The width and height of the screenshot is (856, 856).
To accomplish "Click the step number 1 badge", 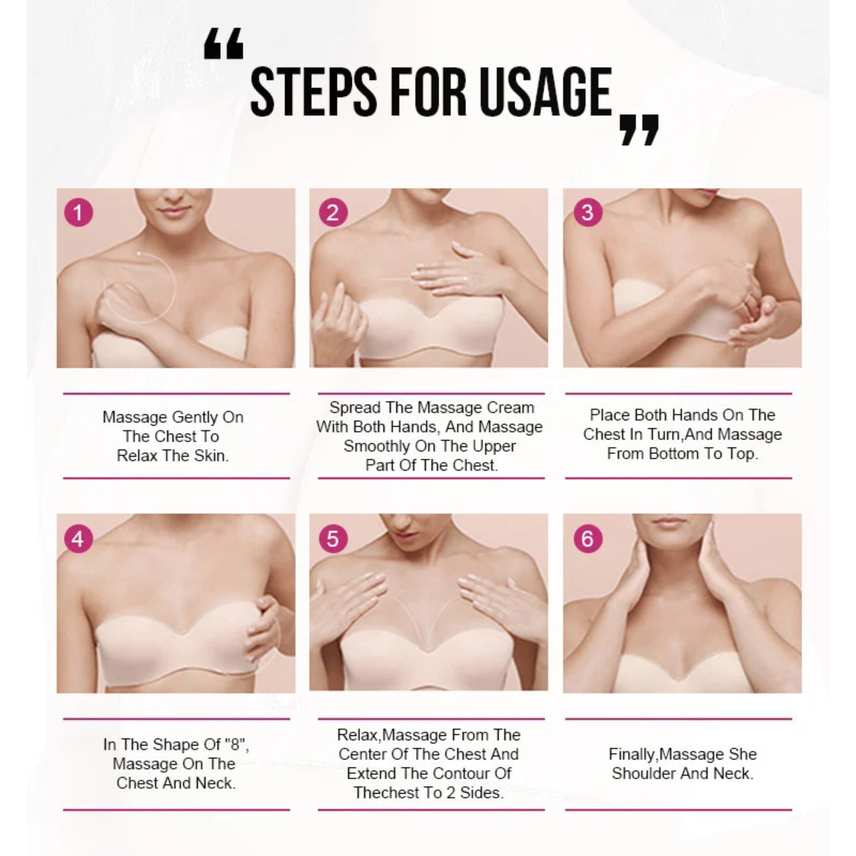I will click(78, 212).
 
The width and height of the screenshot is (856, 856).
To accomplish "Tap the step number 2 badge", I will click(333, 212).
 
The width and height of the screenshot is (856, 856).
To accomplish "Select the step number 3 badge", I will click(588, 212).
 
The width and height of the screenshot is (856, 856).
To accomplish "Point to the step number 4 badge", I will click(78, 539).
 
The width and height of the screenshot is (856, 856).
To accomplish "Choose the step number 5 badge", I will click(333, 539).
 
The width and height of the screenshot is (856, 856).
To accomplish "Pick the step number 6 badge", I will click(588, 539).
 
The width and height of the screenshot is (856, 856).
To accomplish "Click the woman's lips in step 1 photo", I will click(174, 211).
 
